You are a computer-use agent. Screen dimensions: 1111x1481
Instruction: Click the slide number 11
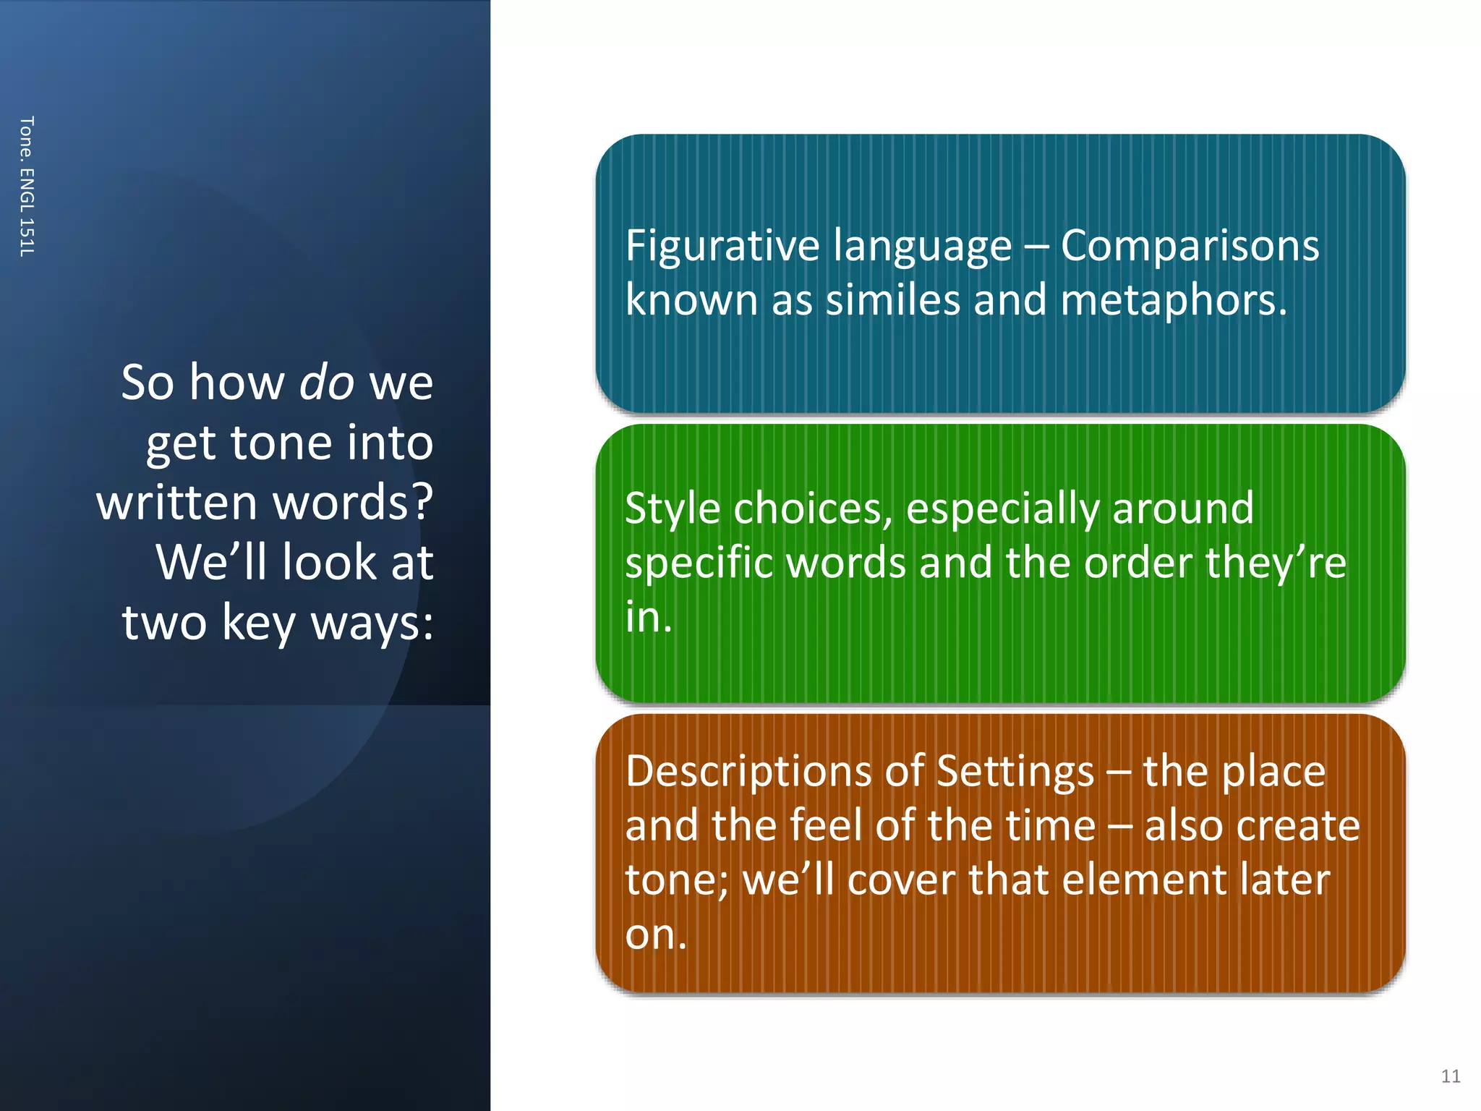click(1450, 1076)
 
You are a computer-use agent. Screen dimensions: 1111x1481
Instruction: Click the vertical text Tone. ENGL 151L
click(27, 186)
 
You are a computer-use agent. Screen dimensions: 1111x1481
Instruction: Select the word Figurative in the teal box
click(722, 246)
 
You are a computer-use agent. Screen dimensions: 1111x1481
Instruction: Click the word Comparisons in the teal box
click(1190, 246)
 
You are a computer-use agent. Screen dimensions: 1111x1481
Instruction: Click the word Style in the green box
click(673, 508)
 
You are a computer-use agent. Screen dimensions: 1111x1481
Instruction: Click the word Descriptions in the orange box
click(748, 772)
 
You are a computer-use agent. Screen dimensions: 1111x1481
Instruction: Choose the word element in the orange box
click(1143, 880)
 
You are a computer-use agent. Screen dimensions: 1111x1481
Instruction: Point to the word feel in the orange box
click(829, 826)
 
